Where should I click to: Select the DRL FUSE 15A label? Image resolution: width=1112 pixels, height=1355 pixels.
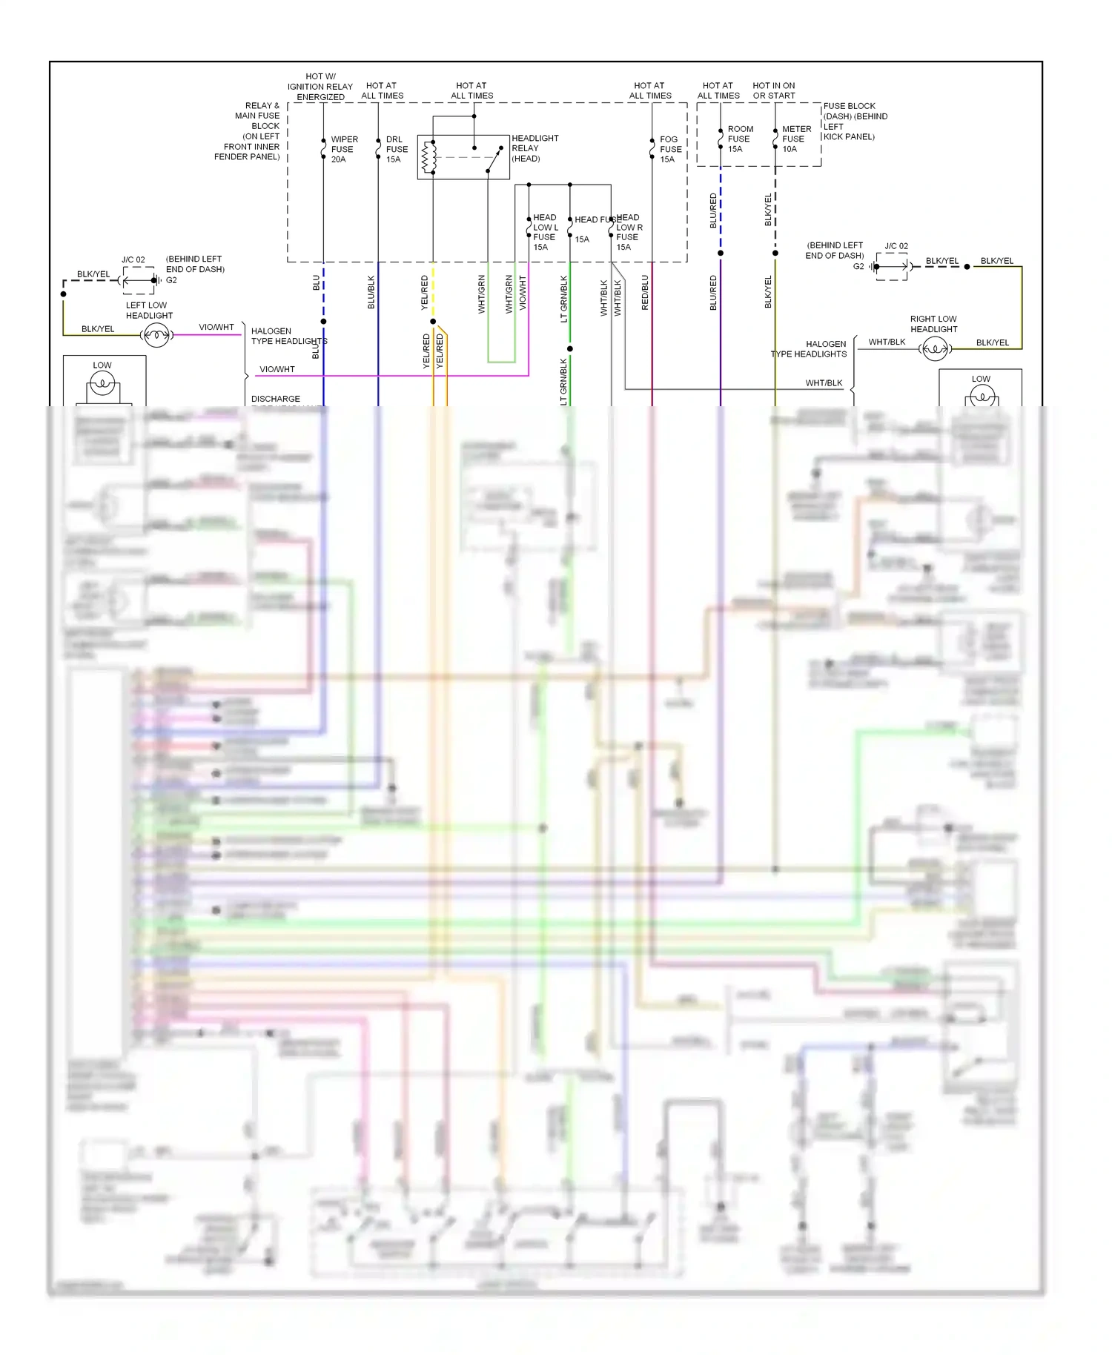point(396,149)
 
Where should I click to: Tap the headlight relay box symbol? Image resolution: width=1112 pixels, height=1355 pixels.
point(463,157)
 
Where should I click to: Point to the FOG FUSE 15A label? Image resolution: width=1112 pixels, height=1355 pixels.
point(670,149)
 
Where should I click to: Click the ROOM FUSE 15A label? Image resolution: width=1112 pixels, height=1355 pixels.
point(739,139)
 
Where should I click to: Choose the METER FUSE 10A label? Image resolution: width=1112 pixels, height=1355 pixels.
point(795,139)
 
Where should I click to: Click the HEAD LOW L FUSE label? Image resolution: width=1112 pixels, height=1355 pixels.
point(545,232)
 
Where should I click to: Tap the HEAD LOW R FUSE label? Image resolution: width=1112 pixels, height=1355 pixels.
point(629,232)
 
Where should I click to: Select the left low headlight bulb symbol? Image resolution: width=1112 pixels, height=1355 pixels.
point(156,336)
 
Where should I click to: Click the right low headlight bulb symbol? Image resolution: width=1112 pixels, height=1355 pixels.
point(935,348)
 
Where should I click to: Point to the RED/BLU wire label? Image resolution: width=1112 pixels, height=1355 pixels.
point(645,292)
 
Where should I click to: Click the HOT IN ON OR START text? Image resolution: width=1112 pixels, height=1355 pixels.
point(773,90)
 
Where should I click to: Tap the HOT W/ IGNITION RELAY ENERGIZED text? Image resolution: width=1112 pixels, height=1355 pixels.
point(320,87)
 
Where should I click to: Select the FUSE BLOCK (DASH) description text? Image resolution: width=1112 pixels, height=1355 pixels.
point(854,121)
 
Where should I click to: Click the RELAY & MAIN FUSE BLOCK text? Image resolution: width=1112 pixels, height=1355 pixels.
point(252,131)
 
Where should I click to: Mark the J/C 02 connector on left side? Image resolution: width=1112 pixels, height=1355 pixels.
point(139,280)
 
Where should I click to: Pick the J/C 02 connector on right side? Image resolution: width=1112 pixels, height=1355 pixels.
point(892,266)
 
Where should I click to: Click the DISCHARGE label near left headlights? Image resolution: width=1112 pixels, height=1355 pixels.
point(276,399)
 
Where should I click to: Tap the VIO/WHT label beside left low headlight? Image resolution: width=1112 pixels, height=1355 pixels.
point(216,327)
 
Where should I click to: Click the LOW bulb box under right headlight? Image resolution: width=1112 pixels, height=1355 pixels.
point(980,389)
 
